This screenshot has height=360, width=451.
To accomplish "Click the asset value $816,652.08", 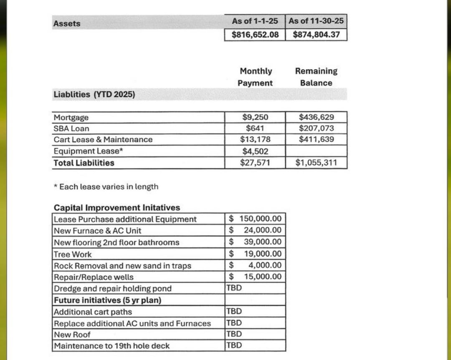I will [x=255, y=34].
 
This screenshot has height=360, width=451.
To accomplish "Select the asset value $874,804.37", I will [x=316, y=34].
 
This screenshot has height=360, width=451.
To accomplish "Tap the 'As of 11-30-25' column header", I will [x=316, y=21].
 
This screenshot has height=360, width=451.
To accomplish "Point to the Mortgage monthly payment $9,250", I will [x=255, y=117].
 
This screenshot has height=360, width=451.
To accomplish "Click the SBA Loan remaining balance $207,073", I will [x=316, y=128].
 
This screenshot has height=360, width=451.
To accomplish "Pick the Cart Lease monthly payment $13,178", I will [x=255, y=139].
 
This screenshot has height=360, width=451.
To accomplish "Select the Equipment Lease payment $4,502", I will [x=255, y=151].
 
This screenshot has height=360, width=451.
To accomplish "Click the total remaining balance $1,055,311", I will [x=316, y=163].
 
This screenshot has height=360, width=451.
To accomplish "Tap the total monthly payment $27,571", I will [x=255, y=163].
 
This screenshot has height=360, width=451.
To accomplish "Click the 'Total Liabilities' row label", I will [x=84, y=163].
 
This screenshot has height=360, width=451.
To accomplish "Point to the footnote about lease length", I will [x=106, y=186].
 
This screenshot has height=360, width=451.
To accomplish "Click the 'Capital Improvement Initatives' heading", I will [x=117, y=207].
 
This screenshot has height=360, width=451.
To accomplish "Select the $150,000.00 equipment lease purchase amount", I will [x=256, y=219].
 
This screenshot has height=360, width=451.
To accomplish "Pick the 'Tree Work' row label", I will [x=73, y=254].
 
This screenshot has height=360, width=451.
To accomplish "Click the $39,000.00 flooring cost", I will [x=256, y=242].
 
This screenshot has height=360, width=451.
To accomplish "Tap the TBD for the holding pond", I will [x=233, y=288].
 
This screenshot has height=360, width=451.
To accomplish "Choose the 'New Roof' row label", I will [x=72, y=335].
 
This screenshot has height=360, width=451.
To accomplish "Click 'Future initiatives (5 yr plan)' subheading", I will [x=107, y=300].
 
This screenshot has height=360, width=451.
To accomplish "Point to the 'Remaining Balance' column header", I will [x=316, y=77].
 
